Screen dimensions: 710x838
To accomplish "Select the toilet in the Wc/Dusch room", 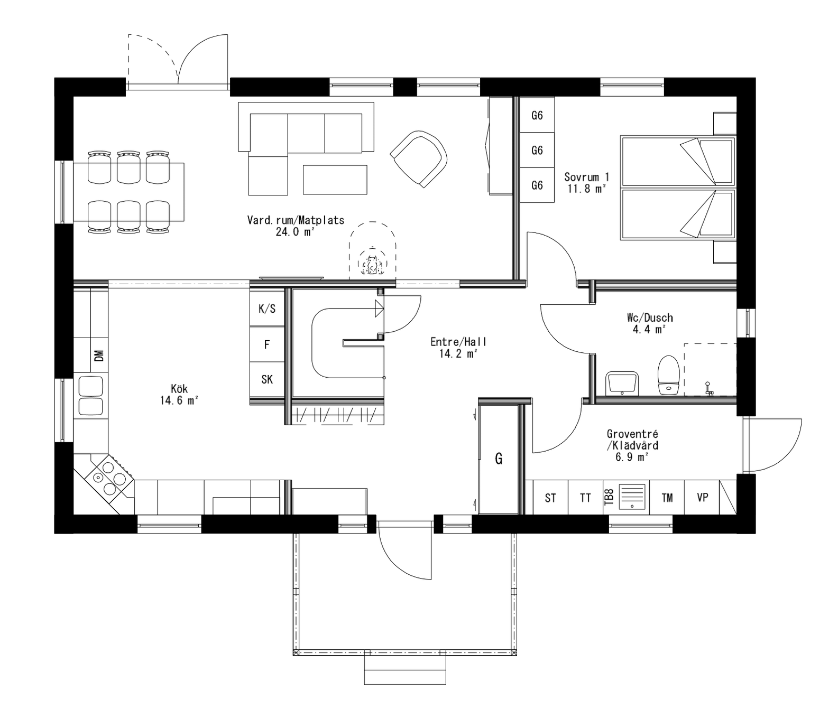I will [x=668, y=375].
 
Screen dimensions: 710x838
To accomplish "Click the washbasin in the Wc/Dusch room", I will [x=622, y=382].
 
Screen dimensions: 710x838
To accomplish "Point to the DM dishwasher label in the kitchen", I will [x=99, y=356].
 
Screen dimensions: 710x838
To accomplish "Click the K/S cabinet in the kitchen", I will [x=267, y=309].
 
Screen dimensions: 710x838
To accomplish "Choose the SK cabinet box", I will [x=267, y=379].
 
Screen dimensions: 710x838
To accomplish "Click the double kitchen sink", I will [x=90, y=395].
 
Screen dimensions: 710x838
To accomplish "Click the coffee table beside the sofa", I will [x=335, y=180].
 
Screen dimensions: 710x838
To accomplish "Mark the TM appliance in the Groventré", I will [x=667, y=498].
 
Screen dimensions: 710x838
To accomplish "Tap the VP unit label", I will [x=702, y=498].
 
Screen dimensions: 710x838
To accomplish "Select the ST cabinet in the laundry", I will [x=550, y=498].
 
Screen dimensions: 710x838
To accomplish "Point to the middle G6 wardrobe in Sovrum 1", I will [x=537, y=151].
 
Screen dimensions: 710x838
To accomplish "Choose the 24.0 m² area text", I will [x=295, y=231].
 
